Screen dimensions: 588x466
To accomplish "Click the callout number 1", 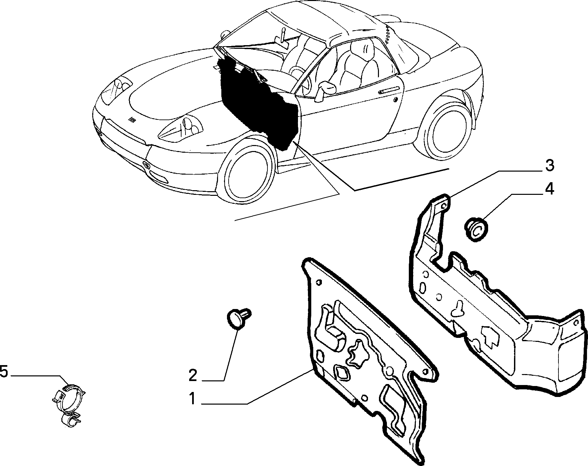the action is (x=192, y=398).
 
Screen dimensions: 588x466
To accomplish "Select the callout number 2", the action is (x=193, y=375).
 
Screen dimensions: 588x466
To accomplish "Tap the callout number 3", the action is (x=550, y=165).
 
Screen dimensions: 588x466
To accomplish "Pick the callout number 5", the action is (x=4, y=371).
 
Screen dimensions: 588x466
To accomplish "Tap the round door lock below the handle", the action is (x=395, y=100).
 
